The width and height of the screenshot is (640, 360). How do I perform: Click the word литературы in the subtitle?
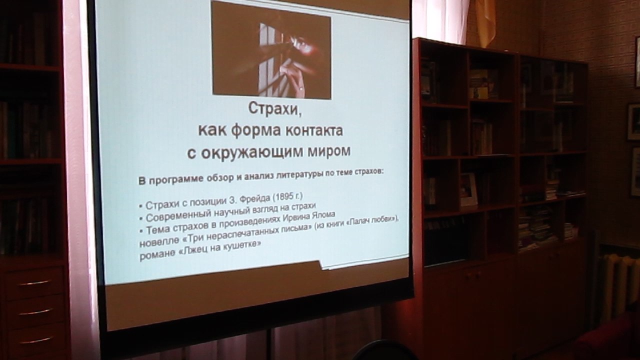point(299,175)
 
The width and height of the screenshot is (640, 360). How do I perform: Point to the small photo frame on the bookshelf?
point(468,189)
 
